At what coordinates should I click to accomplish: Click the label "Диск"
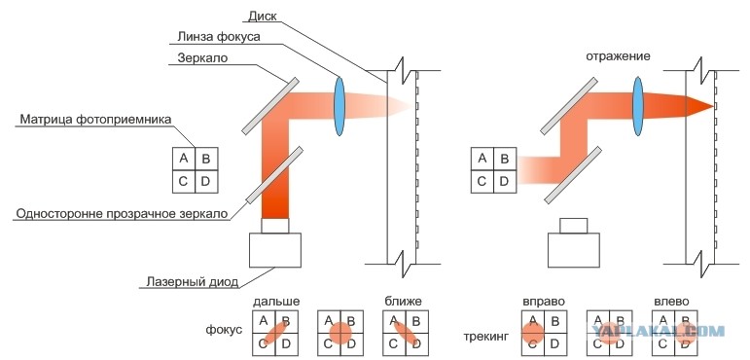point(263,17)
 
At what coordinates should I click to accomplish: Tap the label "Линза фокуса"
point(219,37)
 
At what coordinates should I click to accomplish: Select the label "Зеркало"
point(202,58)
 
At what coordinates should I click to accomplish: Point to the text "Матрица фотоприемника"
point(96,120)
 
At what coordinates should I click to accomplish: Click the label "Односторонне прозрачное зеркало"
point(122,213)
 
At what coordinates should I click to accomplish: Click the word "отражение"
point(619,56)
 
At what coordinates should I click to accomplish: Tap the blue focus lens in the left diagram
point(339,106)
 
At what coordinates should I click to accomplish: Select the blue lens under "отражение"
point(637,106)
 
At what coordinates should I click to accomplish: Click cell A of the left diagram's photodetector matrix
point(184,159)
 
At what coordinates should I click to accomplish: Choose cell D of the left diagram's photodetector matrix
point(206,181)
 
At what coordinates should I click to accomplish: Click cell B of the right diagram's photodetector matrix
point(505,159)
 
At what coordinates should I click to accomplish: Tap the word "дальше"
point(276,302)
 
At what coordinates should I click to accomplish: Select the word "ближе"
point(404,302)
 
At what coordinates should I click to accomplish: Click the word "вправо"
point(544,302)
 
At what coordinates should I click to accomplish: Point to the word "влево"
point(672,302)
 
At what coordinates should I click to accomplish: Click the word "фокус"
point(225,330)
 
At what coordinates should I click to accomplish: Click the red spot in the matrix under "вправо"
point(532,333)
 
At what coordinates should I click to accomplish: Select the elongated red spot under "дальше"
point(276,332)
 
